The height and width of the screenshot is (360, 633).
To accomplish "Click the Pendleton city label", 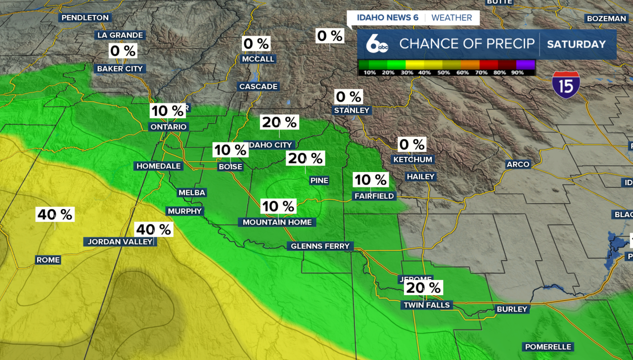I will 85,18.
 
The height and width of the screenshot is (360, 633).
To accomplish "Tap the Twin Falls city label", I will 427,305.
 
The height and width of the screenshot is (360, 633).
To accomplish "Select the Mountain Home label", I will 277,223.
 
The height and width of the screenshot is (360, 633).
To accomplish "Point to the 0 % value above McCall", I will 256,44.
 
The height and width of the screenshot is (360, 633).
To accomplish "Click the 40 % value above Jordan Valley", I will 154,229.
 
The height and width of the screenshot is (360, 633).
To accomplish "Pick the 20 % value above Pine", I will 305,158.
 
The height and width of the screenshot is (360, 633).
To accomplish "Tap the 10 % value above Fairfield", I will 370,180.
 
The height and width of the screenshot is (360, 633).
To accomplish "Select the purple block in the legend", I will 525,64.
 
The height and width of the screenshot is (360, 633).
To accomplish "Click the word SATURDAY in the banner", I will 576,44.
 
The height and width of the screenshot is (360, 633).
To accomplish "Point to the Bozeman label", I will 606,19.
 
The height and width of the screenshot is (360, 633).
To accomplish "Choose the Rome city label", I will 48,260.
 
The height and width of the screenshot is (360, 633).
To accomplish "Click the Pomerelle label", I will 548,347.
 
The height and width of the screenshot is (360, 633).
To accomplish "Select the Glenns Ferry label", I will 320,246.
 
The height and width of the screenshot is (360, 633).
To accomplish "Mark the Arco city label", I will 518,164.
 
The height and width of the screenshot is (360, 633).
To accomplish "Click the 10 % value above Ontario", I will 168,111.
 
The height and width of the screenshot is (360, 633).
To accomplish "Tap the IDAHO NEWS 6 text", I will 388,18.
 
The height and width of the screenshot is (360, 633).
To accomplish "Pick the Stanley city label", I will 352,110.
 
